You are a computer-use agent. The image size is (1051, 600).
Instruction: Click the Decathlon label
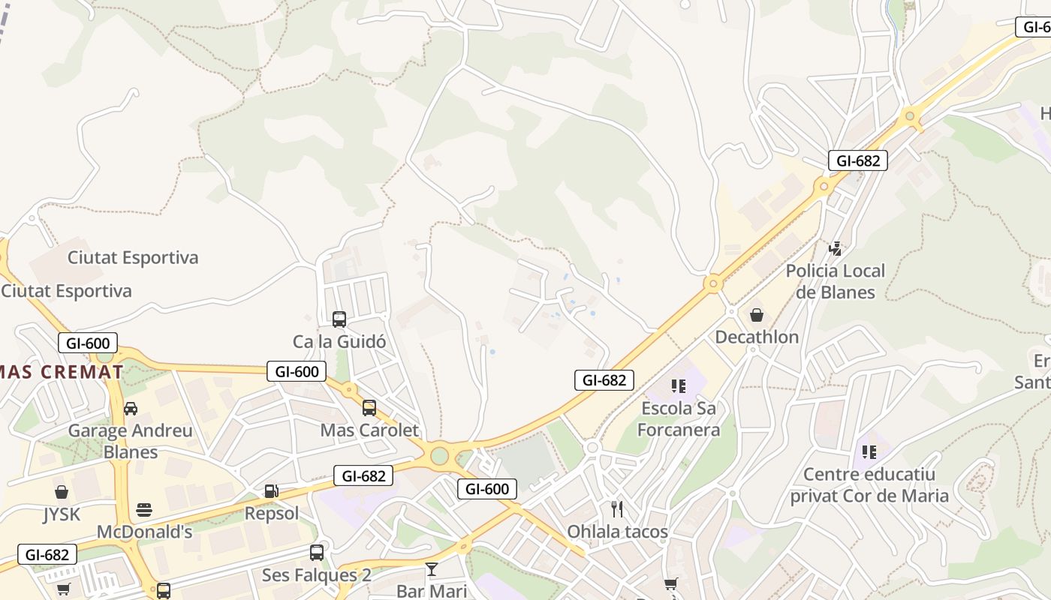click(x=757, y=337)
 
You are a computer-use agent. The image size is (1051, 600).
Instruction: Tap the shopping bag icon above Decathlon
click(x=757, y=315)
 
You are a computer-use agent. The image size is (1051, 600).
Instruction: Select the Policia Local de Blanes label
click(x=836, y=281)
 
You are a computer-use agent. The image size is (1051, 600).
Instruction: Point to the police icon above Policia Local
click(x=835, y=248)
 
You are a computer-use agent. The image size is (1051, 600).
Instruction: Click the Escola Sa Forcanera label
click(x=679, y=419)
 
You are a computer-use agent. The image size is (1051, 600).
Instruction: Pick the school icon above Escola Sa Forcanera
click(x=679, y=386)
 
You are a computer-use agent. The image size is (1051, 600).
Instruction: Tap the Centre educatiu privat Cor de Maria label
click(x=869, y=484)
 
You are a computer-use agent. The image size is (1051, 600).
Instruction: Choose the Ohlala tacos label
click(x=617, y=532)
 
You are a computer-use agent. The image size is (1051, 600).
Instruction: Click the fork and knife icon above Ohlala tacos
click(x=617, y=510)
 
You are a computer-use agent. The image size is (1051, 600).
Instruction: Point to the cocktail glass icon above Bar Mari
click(x=432, y=569)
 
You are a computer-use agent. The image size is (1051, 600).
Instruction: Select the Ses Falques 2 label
click(x=317, y=575)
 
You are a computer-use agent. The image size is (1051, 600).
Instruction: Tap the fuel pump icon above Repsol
click(x=272, y=491)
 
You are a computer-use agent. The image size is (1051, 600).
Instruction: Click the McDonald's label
click(x=145, y=532)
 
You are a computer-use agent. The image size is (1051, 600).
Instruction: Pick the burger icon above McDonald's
click(x=145, y=511)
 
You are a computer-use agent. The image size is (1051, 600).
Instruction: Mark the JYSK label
click(x=62, y=514)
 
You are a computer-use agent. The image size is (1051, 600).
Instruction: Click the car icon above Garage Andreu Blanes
click(x=131, y=409)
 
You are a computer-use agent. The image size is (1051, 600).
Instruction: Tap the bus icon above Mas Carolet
click(x=369, y=408)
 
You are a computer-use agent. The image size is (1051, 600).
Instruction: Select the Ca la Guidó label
click(x=339, y=341)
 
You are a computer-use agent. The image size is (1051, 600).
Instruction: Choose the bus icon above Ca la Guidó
click(x=339, y=319)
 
